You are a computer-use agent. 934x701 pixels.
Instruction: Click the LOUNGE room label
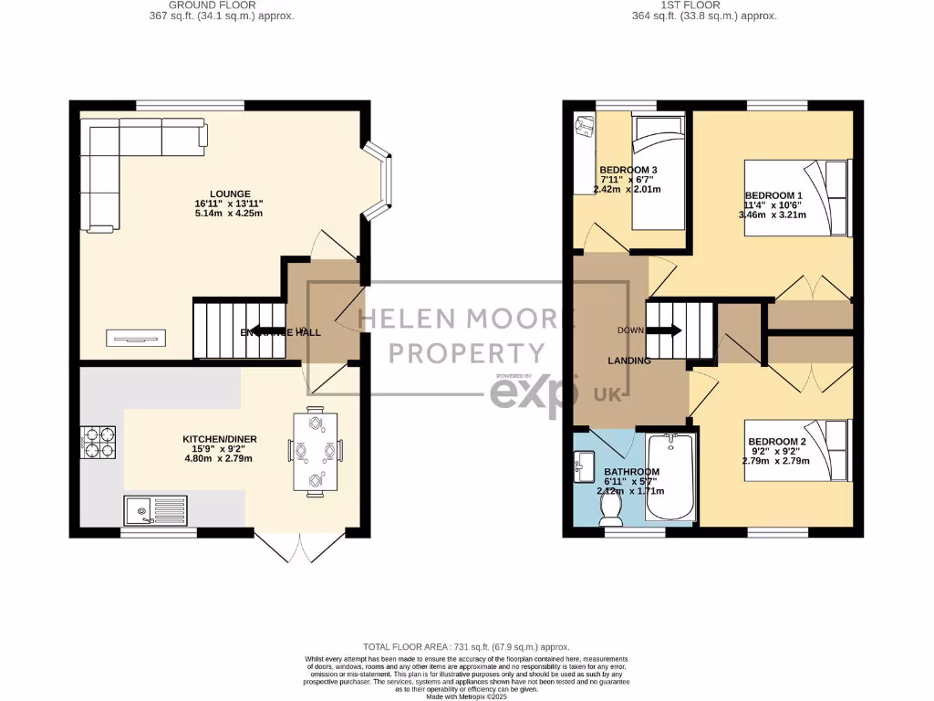(x=228, y=194)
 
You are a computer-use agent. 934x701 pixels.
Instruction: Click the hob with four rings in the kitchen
(x=100, y=441)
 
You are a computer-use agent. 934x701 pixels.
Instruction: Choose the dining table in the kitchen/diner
(x=316, y=453)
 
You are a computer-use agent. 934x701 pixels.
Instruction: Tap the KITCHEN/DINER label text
(x=220, y=439)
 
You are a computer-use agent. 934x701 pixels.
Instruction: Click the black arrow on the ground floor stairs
(x=265, y=332)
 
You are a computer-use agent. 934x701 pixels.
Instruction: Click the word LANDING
(x=629, y=361)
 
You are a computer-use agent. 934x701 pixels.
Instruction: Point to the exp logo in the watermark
(x=534, y=393)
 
